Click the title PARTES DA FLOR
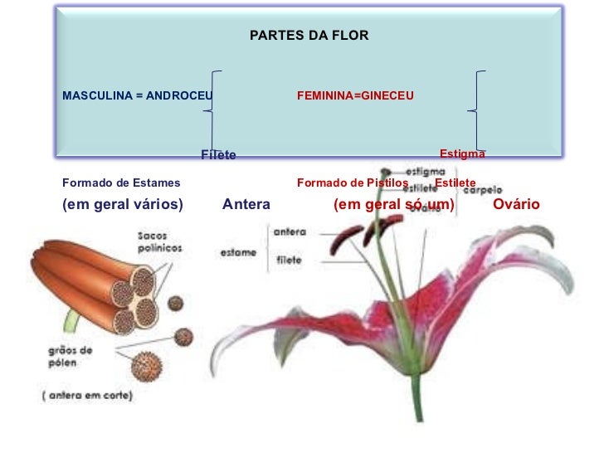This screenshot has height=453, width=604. [x=309, y=37]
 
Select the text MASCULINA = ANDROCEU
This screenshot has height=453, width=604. [x=137, y=96]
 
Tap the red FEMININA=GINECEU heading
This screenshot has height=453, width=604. [x=355, y=96]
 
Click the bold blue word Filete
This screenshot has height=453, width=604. [x=218, y=155]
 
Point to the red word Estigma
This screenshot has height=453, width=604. [x=462, y=153]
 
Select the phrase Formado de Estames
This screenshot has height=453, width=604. [x=121, y=183]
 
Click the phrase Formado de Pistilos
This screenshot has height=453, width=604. [x=353, y=183]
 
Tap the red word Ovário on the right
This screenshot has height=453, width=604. [x=516, y=204]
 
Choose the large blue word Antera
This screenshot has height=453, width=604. [x=246, y=204]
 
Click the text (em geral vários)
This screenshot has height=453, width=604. [x=123, y=204]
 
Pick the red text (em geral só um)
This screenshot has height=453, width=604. [x=394, y=204]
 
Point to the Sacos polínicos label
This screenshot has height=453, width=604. [x=160, y=241]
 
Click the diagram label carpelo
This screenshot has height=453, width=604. [x=482, y=189]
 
